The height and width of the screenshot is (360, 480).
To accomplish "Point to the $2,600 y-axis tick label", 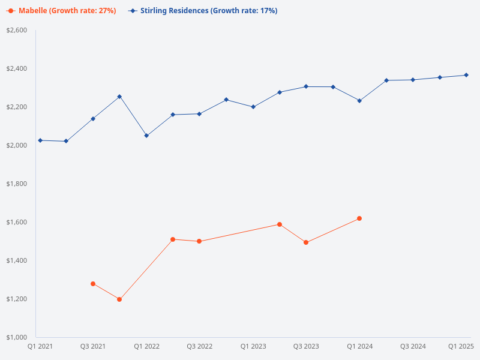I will click(x=17, y=30).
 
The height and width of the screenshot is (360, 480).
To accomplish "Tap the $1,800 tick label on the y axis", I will click(x=17, y=184).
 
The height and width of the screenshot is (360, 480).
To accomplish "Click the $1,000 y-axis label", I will click(x=17, y=337).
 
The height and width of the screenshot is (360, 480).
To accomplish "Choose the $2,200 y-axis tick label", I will click(x=17, y=107).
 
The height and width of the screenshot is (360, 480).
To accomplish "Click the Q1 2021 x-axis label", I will click(x=40, y=346).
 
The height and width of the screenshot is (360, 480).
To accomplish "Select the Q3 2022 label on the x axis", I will click(x=199, y=346).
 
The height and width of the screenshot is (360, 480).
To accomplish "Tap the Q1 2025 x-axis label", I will click(x=461, y=346).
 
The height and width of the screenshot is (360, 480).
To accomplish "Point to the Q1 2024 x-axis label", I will click(x=359, y=346).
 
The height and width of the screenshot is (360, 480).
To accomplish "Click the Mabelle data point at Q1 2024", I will click(x=359, y=218).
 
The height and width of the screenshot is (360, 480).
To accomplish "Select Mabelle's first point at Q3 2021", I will click(x=93, y=284).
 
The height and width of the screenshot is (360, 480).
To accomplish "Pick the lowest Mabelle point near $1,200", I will click(x=119, y=299).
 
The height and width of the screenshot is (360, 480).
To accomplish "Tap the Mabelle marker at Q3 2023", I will click(x=306, y=242).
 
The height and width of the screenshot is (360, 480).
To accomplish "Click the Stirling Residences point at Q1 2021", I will click(x=40, y=140).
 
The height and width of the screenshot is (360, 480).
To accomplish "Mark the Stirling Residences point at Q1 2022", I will click(x=146, y=136).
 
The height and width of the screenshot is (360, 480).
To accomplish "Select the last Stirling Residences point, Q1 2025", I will click(x=466, y=75).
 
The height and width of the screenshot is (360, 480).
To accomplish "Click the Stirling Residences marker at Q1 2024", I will click(x=359, y=101).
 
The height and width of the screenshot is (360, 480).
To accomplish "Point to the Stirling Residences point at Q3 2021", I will click(x=93, y=119).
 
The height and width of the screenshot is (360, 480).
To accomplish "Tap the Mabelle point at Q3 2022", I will click(x=199, y=241).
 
